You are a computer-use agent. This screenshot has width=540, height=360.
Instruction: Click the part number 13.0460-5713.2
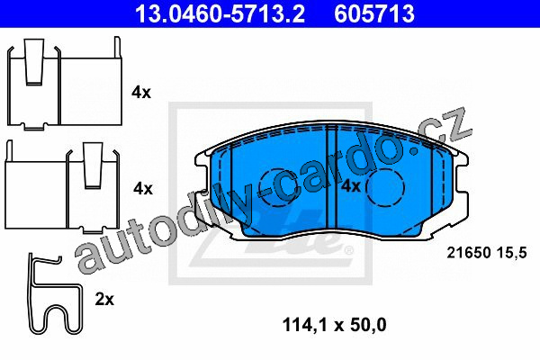tap(220, 13)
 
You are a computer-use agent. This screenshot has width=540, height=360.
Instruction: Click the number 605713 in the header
tap(374, 13)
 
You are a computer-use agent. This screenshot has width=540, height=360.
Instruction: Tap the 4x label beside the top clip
tap(141, 93)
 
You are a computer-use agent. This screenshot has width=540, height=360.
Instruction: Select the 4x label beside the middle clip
tap(143, 188)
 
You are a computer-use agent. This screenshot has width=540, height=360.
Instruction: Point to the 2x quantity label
tap(104, 300)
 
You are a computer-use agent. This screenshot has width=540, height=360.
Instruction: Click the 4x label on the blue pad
tap(351, 186)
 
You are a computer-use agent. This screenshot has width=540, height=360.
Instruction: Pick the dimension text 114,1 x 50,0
tap(334, 325)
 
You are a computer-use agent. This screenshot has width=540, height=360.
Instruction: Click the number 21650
tap(469, 253)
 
